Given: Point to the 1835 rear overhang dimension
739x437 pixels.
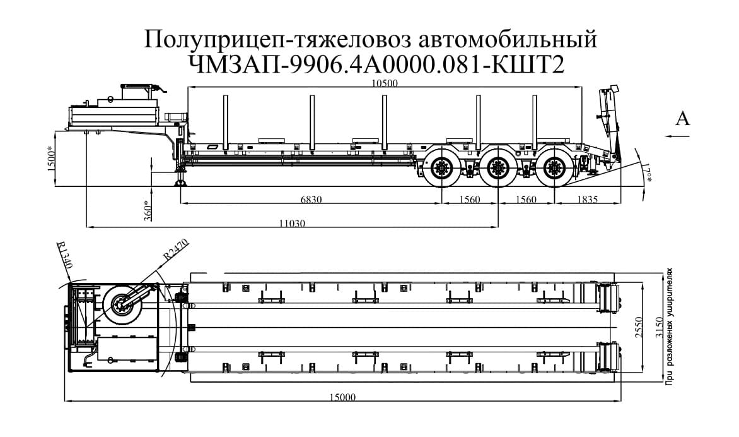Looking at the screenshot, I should coord(586,200).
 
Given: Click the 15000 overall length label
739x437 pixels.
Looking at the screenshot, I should coord(343,397).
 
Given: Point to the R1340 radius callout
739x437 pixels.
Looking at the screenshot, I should coord(66,256).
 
